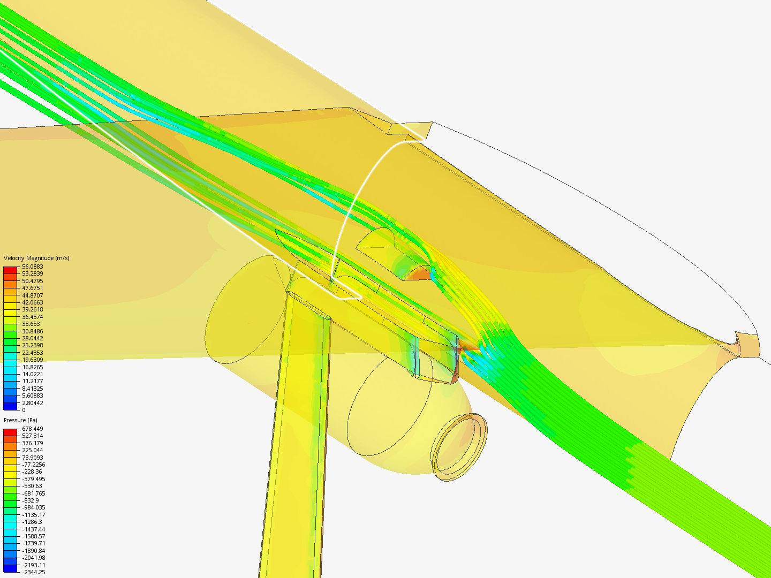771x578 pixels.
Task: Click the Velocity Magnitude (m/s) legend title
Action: (36, 258)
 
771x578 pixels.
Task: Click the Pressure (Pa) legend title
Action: (20, 420)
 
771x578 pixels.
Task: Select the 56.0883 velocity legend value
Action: (32, 267)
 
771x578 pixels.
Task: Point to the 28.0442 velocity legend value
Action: (32, 338)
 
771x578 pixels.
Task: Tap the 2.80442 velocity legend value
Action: (32, 403)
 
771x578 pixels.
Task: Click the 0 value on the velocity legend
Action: (24, 410)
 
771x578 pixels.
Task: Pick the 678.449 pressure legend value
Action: (32, 429)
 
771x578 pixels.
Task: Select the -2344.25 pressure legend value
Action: (33, 572)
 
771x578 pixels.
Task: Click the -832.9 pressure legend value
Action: (30, 500)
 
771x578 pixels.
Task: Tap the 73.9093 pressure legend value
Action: (32, 457)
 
